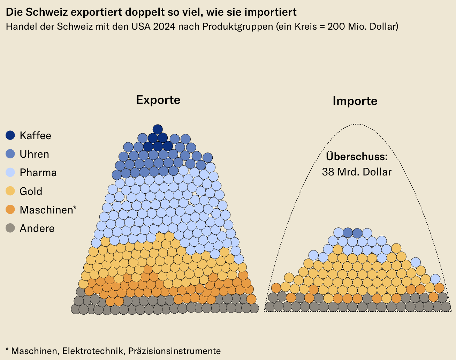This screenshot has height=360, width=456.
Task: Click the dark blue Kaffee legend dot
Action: coord(10,135)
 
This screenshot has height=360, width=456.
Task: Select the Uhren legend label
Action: coord(34,154)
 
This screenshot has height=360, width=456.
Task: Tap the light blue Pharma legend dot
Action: coord(10,172)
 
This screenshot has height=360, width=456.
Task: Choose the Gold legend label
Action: coord(31,191)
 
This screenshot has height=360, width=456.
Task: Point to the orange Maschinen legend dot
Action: coord(10,210)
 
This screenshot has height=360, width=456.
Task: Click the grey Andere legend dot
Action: coord(10,228)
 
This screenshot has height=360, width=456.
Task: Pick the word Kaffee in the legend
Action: coord(35,136)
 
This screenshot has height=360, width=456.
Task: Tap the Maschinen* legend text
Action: coord(48,210)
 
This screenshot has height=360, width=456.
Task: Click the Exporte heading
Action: coord(158,100)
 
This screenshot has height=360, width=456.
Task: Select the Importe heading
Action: coord(355,101)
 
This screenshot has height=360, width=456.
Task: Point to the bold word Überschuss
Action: coord(357,156)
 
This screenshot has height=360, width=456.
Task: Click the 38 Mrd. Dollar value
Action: coord(357,172)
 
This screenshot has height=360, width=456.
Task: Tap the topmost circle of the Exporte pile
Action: coord(158,129)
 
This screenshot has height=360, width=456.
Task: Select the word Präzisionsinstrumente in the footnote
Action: coord(174,351)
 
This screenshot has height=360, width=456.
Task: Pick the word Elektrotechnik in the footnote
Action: coord(93,351)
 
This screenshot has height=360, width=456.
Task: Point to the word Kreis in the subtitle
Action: coord(307,27)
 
